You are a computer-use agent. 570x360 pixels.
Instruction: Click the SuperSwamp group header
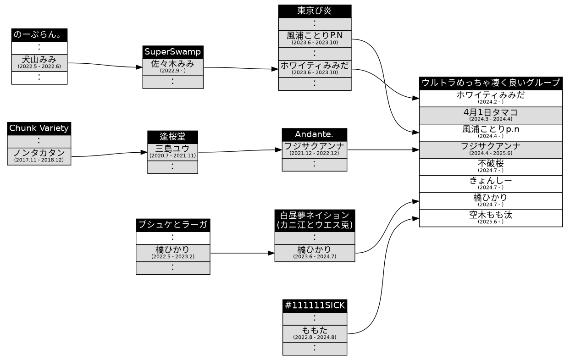173,52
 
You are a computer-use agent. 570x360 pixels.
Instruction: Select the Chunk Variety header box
39,128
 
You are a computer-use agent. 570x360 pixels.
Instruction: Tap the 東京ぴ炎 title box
315,11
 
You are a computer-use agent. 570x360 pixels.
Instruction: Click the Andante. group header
314,134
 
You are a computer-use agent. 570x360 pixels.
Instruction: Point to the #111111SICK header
315,306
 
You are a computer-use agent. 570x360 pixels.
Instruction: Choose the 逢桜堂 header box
172,137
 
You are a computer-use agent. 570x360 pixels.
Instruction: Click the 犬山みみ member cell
39,63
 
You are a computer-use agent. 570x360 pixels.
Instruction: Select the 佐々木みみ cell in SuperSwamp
173,67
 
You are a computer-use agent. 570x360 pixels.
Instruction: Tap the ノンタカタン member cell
39,156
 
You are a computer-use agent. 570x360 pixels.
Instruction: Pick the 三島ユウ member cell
172,152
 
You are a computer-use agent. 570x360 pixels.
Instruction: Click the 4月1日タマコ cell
491,116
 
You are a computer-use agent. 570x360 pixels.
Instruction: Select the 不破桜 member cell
491,167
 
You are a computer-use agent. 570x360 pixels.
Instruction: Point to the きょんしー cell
491,184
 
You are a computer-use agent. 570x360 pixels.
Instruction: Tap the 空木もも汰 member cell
491,218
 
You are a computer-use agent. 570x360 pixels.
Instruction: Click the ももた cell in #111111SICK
315,334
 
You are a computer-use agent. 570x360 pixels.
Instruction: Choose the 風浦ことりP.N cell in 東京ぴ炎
315,39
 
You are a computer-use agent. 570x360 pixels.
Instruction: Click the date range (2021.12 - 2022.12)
314,154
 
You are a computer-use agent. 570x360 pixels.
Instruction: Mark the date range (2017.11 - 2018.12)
39,160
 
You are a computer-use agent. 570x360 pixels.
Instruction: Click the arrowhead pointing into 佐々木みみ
139,67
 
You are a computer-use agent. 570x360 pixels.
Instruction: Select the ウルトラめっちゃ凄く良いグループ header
491,83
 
